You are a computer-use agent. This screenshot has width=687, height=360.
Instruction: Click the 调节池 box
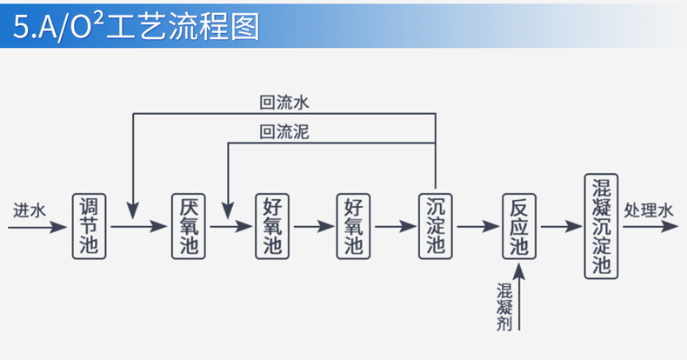[89, 226]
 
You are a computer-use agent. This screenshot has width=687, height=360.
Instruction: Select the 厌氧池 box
[189, 226]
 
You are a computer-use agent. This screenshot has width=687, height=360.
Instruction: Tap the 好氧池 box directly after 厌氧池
[271, 226]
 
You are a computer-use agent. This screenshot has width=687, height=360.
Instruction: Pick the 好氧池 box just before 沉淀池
[353, 226]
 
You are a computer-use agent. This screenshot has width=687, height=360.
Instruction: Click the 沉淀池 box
[436, 226]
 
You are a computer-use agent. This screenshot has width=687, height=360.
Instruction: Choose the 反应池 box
[519, 226]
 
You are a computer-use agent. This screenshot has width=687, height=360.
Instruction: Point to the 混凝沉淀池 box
[602, 226]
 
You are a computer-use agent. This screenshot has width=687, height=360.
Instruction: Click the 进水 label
[29, 211]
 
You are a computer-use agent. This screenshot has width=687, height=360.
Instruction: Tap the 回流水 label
[284, 103]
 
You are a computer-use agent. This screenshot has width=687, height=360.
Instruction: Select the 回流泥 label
[284, 132]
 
